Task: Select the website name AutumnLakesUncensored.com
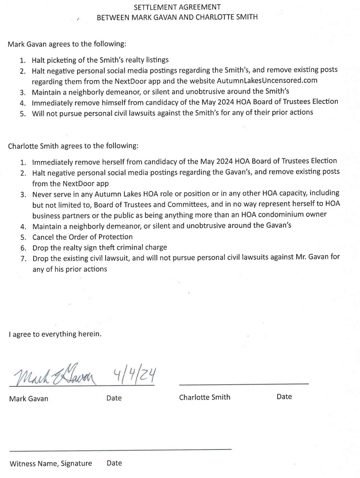[x=267, y=81]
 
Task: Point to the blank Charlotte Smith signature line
[x=244, y=384]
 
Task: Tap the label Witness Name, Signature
[x=51, y=463]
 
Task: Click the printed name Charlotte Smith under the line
[x=204, y=397]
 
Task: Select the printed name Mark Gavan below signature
[x=29, y=398]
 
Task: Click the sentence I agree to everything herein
[x=55, y=334]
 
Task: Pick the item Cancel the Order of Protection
[x=82, y=237]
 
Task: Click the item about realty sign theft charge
[x=100, y=248]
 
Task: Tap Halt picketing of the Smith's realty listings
[x=100, y=60]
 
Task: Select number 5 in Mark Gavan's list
[x=22, y=113]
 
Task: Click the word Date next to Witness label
[x=114, y=463]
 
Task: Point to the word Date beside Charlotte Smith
[x=284, y=397]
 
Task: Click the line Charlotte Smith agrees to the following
[x=73, y=146]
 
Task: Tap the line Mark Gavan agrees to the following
[x=67, y=44]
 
